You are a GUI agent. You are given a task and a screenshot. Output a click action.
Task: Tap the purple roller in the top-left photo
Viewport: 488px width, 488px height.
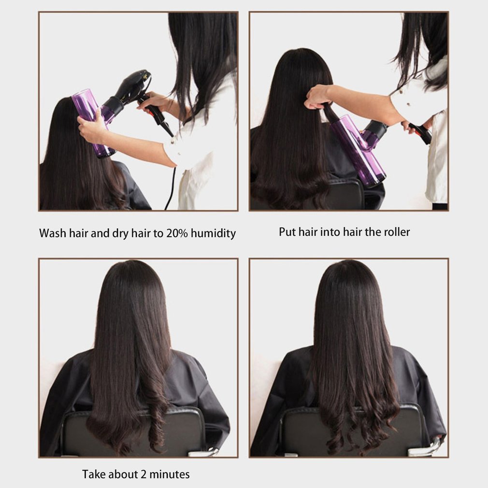89,118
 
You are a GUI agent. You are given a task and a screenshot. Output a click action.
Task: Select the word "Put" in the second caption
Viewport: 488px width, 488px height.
287,232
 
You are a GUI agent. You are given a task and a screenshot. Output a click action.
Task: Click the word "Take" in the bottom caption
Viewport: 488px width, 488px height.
93,474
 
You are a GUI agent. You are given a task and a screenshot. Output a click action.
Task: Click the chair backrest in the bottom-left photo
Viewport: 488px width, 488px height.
184,430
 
